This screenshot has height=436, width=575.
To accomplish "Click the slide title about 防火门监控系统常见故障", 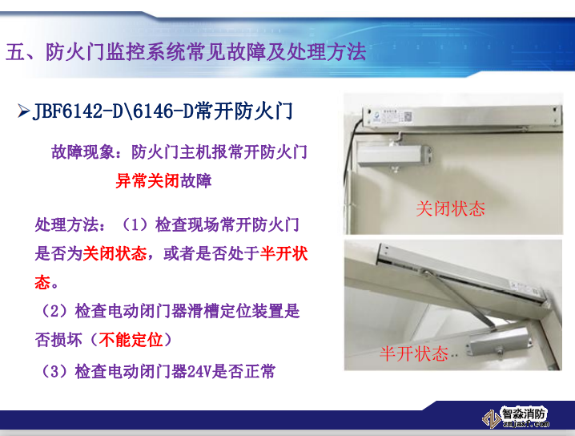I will [186, 53].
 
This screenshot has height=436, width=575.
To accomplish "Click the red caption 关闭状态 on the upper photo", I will [450, 208].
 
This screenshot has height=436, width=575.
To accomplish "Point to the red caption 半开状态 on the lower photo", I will [413, 353].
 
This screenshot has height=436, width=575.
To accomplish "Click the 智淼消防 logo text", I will [524, 414].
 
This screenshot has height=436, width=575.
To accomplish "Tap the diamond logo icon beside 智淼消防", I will [489, 418].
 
